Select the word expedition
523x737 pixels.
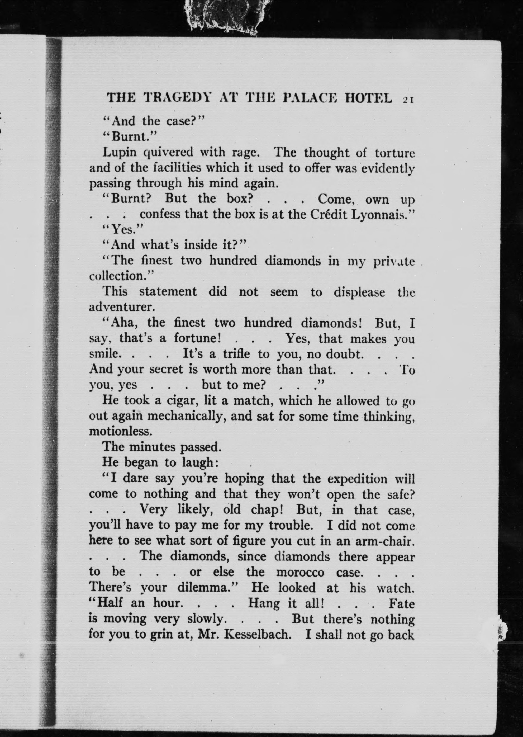(x=357, y=479)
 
